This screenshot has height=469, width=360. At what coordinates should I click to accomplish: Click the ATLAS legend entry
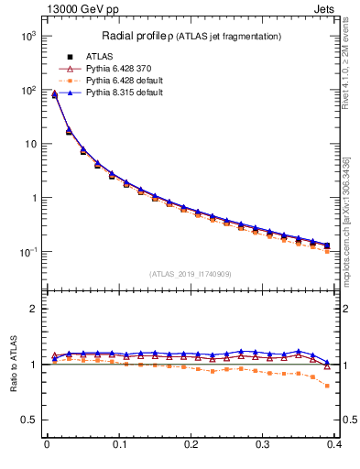tap(98, 57)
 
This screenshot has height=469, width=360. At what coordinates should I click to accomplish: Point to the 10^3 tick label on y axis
tap(27, 36)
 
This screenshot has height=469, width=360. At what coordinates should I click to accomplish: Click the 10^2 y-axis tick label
tap(27, 90)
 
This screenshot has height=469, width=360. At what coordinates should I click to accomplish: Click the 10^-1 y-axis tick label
tap(27, 252)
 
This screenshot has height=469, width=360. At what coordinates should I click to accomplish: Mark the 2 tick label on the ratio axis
tap(36, 309)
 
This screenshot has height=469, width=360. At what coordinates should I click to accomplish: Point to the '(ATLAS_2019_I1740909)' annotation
tap(191, 274)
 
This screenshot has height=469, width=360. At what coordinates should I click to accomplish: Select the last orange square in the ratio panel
tap(329, 386)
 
